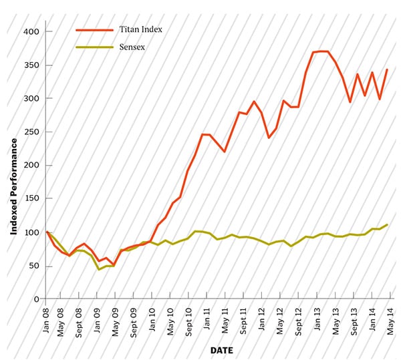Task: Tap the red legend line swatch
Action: point(95,30)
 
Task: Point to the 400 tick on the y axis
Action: point(31,31)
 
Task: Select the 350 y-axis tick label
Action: point(31,65)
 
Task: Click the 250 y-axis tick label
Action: point(31,132)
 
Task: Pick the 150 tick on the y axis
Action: point(31,199)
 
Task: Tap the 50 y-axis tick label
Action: point(34,266)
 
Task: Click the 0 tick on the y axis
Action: point(37,299)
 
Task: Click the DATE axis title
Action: point(221,350)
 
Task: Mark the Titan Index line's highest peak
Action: point(321,51)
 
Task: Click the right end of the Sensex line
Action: point(388,224)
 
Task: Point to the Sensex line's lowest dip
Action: point(99,269)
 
